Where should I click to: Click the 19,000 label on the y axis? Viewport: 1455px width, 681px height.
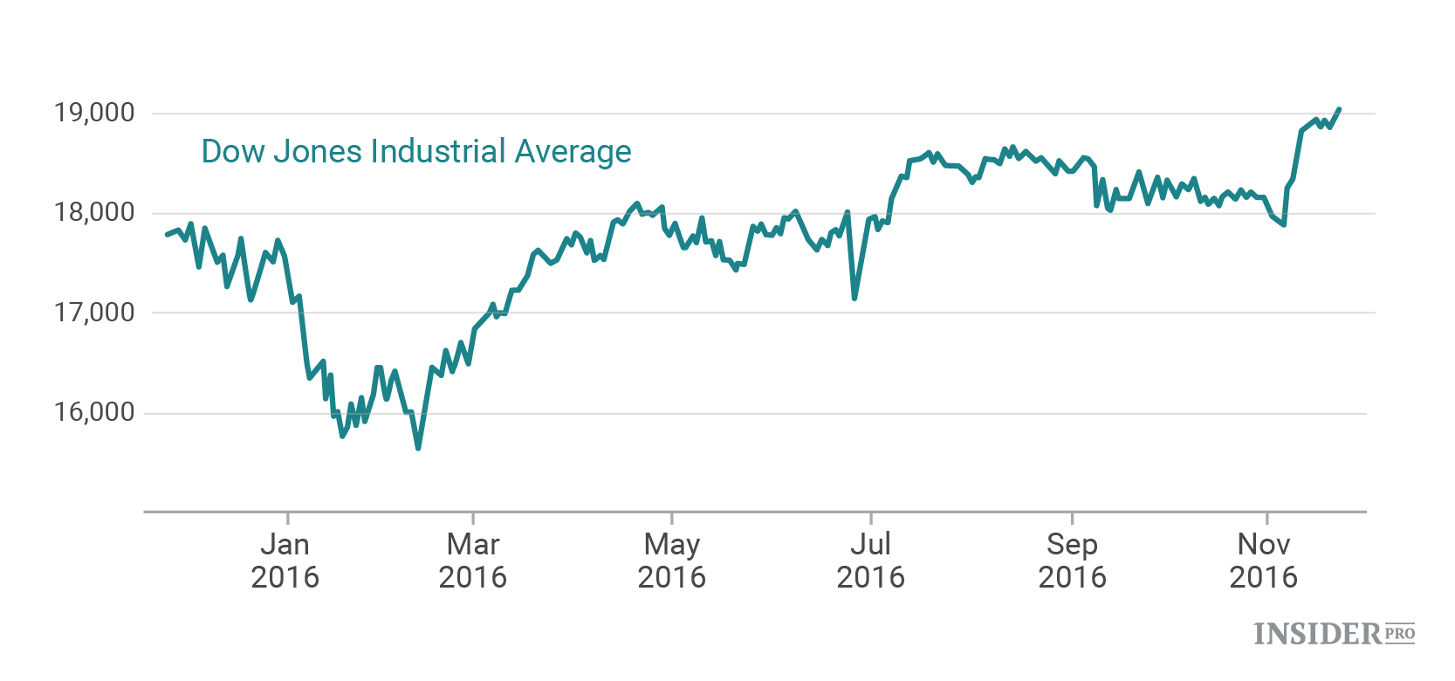[94, 113]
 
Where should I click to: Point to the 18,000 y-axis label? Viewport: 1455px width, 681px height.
[94, 212]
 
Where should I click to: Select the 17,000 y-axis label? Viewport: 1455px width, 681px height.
[94, 313]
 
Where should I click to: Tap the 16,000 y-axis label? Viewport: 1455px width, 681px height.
[94, 412]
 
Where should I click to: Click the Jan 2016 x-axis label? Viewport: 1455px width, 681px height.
[285, 561]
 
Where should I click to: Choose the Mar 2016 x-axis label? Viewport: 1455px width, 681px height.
[473, 561]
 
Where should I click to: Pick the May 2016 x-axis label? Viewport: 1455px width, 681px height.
[672, 561]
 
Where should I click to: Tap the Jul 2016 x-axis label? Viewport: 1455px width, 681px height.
[871, 561]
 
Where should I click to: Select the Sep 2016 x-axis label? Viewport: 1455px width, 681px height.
[1072, 561]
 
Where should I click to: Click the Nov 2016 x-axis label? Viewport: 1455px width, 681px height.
[1264, 561]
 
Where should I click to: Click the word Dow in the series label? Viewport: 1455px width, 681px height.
[232, 152]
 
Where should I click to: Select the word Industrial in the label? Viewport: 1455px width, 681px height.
[438, 152]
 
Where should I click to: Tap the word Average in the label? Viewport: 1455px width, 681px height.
[573, 152]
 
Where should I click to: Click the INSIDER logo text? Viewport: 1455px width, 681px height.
[1318, 634]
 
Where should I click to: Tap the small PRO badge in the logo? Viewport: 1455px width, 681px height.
[1399, 633]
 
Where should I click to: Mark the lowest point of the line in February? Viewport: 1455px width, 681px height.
[418, 448]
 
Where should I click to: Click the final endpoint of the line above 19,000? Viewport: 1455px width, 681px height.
[1339, 110]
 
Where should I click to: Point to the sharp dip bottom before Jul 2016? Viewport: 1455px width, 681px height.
[854, 298]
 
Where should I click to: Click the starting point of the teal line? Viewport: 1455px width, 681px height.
[167, 235]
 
